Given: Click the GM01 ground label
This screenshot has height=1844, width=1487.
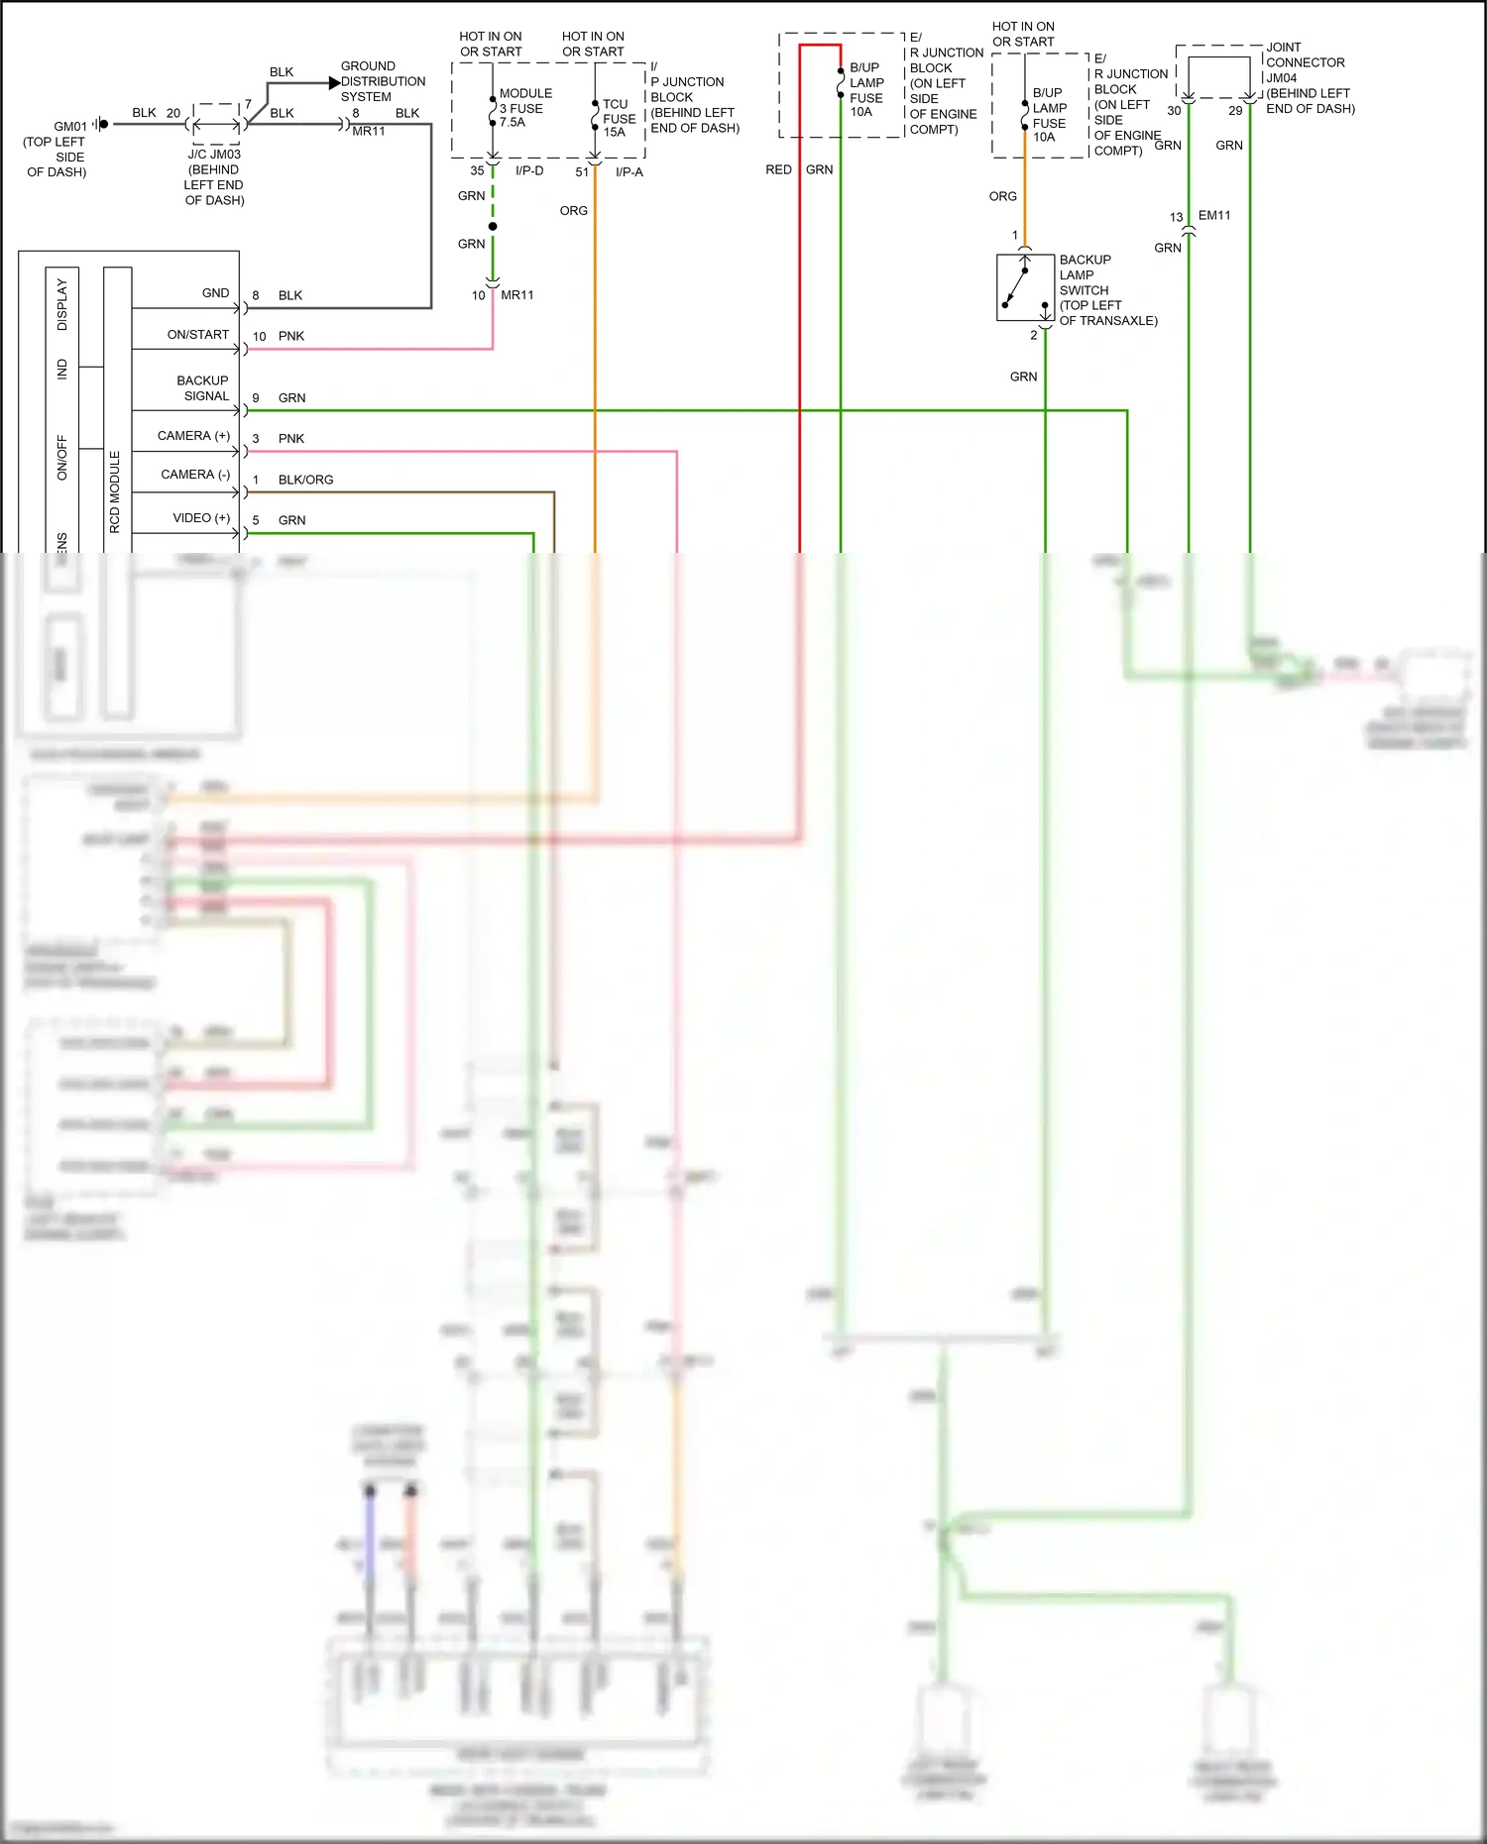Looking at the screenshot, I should tap(69, 127).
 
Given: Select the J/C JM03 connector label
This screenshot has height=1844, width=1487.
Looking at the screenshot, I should tap(214, 155).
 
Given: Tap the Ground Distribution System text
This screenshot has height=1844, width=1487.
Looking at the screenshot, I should tap(383, 81).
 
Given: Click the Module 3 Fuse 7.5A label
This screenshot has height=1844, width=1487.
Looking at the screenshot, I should tap(525, 108).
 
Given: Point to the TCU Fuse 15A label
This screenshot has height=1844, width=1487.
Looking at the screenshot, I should tap(619, 118).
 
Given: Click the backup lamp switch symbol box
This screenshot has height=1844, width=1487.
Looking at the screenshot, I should tap(1024, 287).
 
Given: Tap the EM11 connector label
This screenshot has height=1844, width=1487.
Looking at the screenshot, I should tap(1213, 215).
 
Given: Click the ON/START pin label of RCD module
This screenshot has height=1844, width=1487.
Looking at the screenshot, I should tap(197, 335).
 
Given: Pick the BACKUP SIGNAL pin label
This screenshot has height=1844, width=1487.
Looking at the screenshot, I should tap(202, 388).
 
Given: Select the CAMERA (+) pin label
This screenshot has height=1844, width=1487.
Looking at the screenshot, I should tap(193, 436).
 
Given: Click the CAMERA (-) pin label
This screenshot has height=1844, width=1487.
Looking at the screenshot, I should tap(195, 475).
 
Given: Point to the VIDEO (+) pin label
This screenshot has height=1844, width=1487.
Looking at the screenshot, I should tap(201, 518).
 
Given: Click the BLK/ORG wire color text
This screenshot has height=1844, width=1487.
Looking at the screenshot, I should tap(305, 480).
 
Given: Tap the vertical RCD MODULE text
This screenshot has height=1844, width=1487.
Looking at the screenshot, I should tap(115, 491).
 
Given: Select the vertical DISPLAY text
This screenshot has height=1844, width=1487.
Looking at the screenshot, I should tap(61, 304).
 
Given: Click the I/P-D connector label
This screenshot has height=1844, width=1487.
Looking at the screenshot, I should tap(529, 171).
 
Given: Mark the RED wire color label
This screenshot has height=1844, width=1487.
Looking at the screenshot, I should tap(778, 170).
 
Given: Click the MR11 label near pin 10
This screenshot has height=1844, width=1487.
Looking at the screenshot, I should tap(516, 295).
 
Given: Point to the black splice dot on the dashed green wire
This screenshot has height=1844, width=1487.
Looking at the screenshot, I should tap(493, 227).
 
